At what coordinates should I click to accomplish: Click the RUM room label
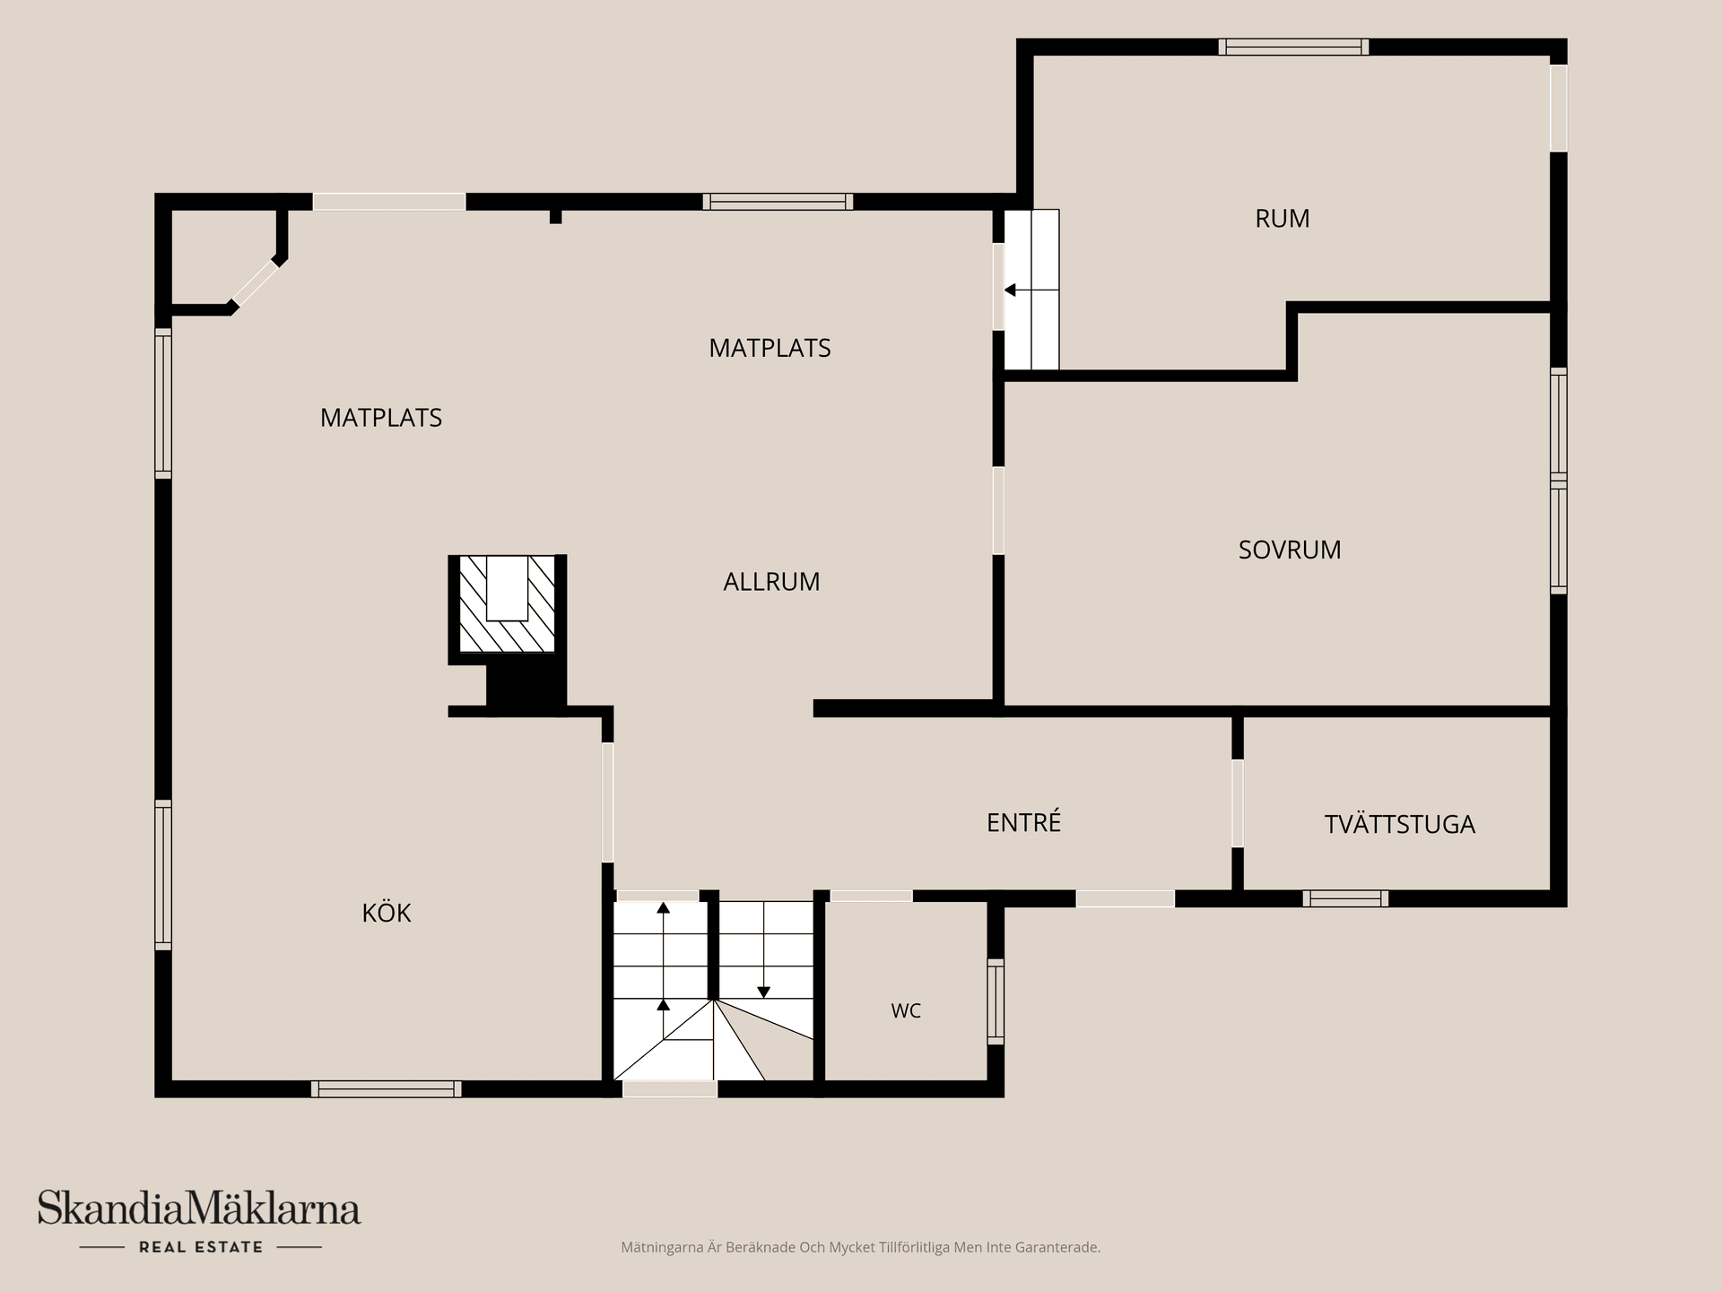1283,219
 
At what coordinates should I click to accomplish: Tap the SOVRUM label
1290,550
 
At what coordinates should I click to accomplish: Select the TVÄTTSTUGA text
1400,824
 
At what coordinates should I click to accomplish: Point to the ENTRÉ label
1024,821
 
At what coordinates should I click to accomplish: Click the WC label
906,1011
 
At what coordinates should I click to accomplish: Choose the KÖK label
387,913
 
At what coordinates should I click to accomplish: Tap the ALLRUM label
771,582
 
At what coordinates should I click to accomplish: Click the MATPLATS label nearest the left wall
381,418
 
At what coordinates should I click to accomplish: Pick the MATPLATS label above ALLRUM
770,348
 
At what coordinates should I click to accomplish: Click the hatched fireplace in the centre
507,604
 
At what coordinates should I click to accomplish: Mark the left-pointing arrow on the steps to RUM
1031,290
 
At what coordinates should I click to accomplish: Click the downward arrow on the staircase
763,950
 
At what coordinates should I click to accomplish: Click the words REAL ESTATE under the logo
201,1247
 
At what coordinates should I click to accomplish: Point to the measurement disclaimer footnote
860,1247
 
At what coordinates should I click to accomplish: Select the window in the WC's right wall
996,1001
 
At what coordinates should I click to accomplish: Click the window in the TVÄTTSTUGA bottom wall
1345,898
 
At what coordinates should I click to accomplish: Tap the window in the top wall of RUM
1293,47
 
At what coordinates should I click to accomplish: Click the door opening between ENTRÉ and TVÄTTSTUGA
1238,803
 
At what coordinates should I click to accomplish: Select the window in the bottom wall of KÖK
387,1089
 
